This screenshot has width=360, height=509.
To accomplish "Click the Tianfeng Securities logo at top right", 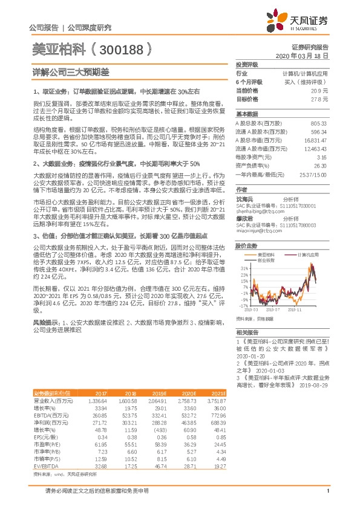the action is (x=308, y=21).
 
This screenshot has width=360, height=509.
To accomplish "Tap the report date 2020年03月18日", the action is (x=306, y=55).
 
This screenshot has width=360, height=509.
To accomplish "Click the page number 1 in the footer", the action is (x=327, y=498).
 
